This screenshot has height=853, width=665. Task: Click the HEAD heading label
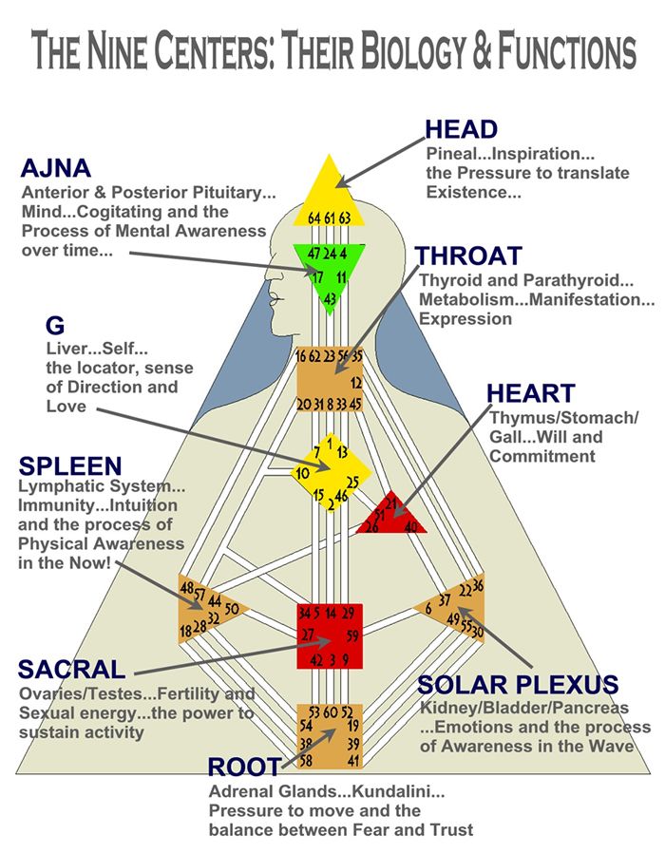[x=461, y=129]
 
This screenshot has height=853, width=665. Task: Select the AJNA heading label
[x=55, y=168]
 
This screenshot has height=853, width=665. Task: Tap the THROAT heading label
[x=468, y=256]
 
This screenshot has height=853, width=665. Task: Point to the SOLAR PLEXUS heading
[x=518, y=684]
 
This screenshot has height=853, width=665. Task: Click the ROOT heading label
[x=244, y=768]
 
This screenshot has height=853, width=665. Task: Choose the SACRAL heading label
[x=72, y=669]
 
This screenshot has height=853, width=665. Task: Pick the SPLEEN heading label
[x=70, y=466]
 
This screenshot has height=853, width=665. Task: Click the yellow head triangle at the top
[x=329, y=193]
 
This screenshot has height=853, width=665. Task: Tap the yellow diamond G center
[x=331, y=472]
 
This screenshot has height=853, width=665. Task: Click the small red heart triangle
[x=391, y=513]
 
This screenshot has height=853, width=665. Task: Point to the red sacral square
[x=330, y=635]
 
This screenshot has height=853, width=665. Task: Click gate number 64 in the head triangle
[x=314, y=218]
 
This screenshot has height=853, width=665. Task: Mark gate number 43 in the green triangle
[x=330, y=298]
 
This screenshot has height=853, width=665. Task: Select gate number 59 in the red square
[x=352, y=635]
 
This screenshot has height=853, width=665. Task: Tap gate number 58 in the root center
[x=306, y=759]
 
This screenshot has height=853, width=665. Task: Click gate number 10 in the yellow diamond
[x=302, y=473]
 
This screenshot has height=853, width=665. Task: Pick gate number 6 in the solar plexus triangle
[x=428, y=609]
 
